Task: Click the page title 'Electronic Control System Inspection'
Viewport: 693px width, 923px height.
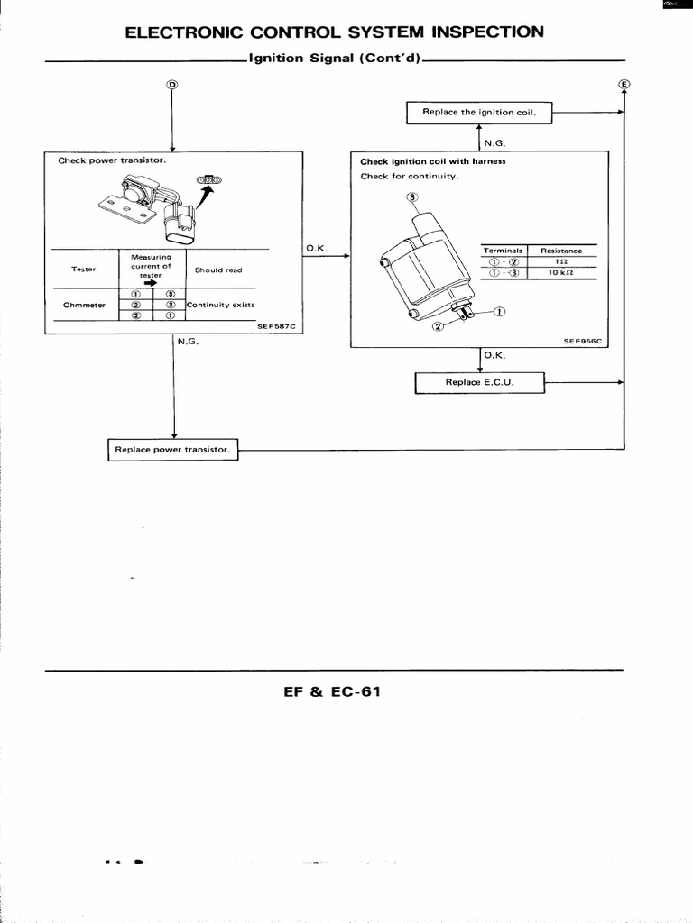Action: [x=334, y=32]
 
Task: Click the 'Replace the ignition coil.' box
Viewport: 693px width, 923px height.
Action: [x=479, y=113]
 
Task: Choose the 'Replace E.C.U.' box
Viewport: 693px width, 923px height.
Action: [x=480, y=383]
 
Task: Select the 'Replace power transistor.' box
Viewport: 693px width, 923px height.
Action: [x=172, y=449]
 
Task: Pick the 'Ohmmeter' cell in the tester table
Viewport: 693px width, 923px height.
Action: [x=84, y=305]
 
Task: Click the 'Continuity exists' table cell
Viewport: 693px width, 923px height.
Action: [x=221, y=305]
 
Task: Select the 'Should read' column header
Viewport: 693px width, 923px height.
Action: [x=218, y=270]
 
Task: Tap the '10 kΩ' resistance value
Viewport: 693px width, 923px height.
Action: [x=560, y=272]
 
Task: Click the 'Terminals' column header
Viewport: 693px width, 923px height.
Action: [x=503, y=251]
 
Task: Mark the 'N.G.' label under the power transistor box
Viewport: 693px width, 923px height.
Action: [x=188, y=342]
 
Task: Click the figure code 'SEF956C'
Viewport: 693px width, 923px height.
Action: [x=582, y=342]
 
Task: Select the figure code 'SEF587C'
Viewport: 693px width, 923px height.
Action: [x=275, y=327]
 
